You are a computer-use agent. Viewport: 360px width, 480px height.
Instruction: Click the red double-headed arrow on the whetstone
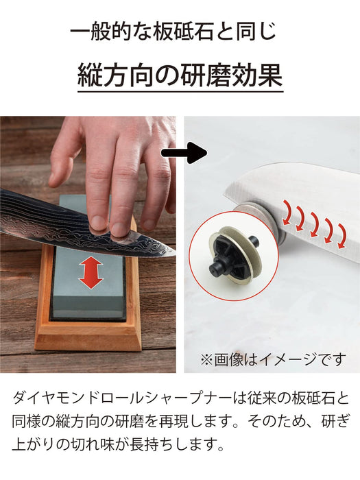point(90,274)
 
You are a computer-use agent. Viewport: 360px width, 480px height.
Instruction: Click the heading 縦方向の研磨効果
point(180,76)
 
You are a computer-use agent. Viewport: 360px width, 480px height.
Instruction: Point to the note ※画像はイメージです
point(272,359)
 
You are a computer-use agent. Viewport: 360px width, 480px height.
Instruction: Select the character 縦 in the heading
point(89,76)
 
